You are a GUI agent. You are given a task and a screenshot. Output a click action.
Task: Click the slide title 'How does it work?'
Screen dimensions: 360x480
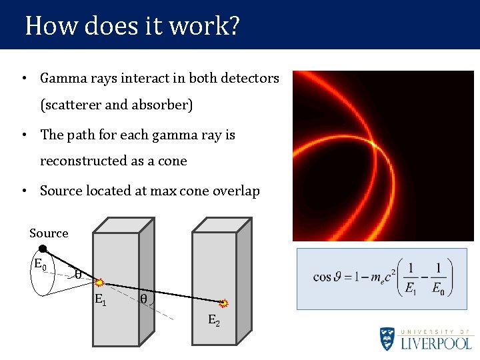[x=132, y=26]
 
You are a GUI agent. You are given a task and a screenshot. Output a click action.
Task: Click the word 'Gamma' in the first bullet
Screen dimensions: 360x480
[x=61, y=79]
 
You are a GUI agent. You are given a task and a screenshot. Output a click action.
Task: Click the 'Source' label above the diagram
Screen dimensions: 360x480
[x=49, y=233]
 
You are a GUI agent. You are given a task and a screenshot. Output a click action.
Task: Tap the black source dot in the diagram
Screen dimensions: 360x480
[x=43, y=249]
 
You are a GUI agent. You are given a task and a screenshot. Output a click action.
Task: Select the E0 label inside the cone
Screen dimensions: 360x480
[x=40, y=264]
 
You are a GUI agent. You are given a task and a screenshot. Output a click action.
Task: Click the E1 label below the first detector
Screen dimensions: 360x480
[x=100, y=300]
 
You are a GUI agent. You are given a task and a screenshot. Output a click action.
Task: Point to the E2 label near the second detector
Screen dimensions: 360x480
[x=214, y=321]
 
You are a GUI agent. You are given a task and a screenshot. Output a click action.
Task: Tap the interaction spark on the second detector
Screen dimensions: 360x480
[x=224, y=304]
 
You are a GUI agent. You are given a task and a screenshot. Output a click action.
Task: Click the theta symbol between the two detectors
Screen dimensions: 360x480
[x=143, y=299]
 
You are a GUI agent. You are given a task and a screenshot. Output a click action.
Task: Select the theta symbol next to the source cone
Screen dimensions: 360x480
[x=78, y=274]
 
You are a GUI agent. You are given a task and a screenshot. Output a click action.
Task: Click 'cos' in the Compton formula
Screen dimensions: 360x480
[x=321, y=277]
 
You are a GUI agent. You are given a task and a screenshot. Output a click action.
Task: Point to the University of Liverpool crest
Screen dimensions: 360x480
[x=387, y=338]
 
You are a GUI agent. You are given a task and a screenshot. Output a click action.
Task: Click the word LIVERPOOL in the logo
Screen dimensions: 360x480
[x=437, y=343]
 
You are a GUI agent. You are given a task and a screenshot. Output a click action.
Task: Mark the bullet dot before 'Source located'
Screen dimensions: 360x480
[x=24, y=191]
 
